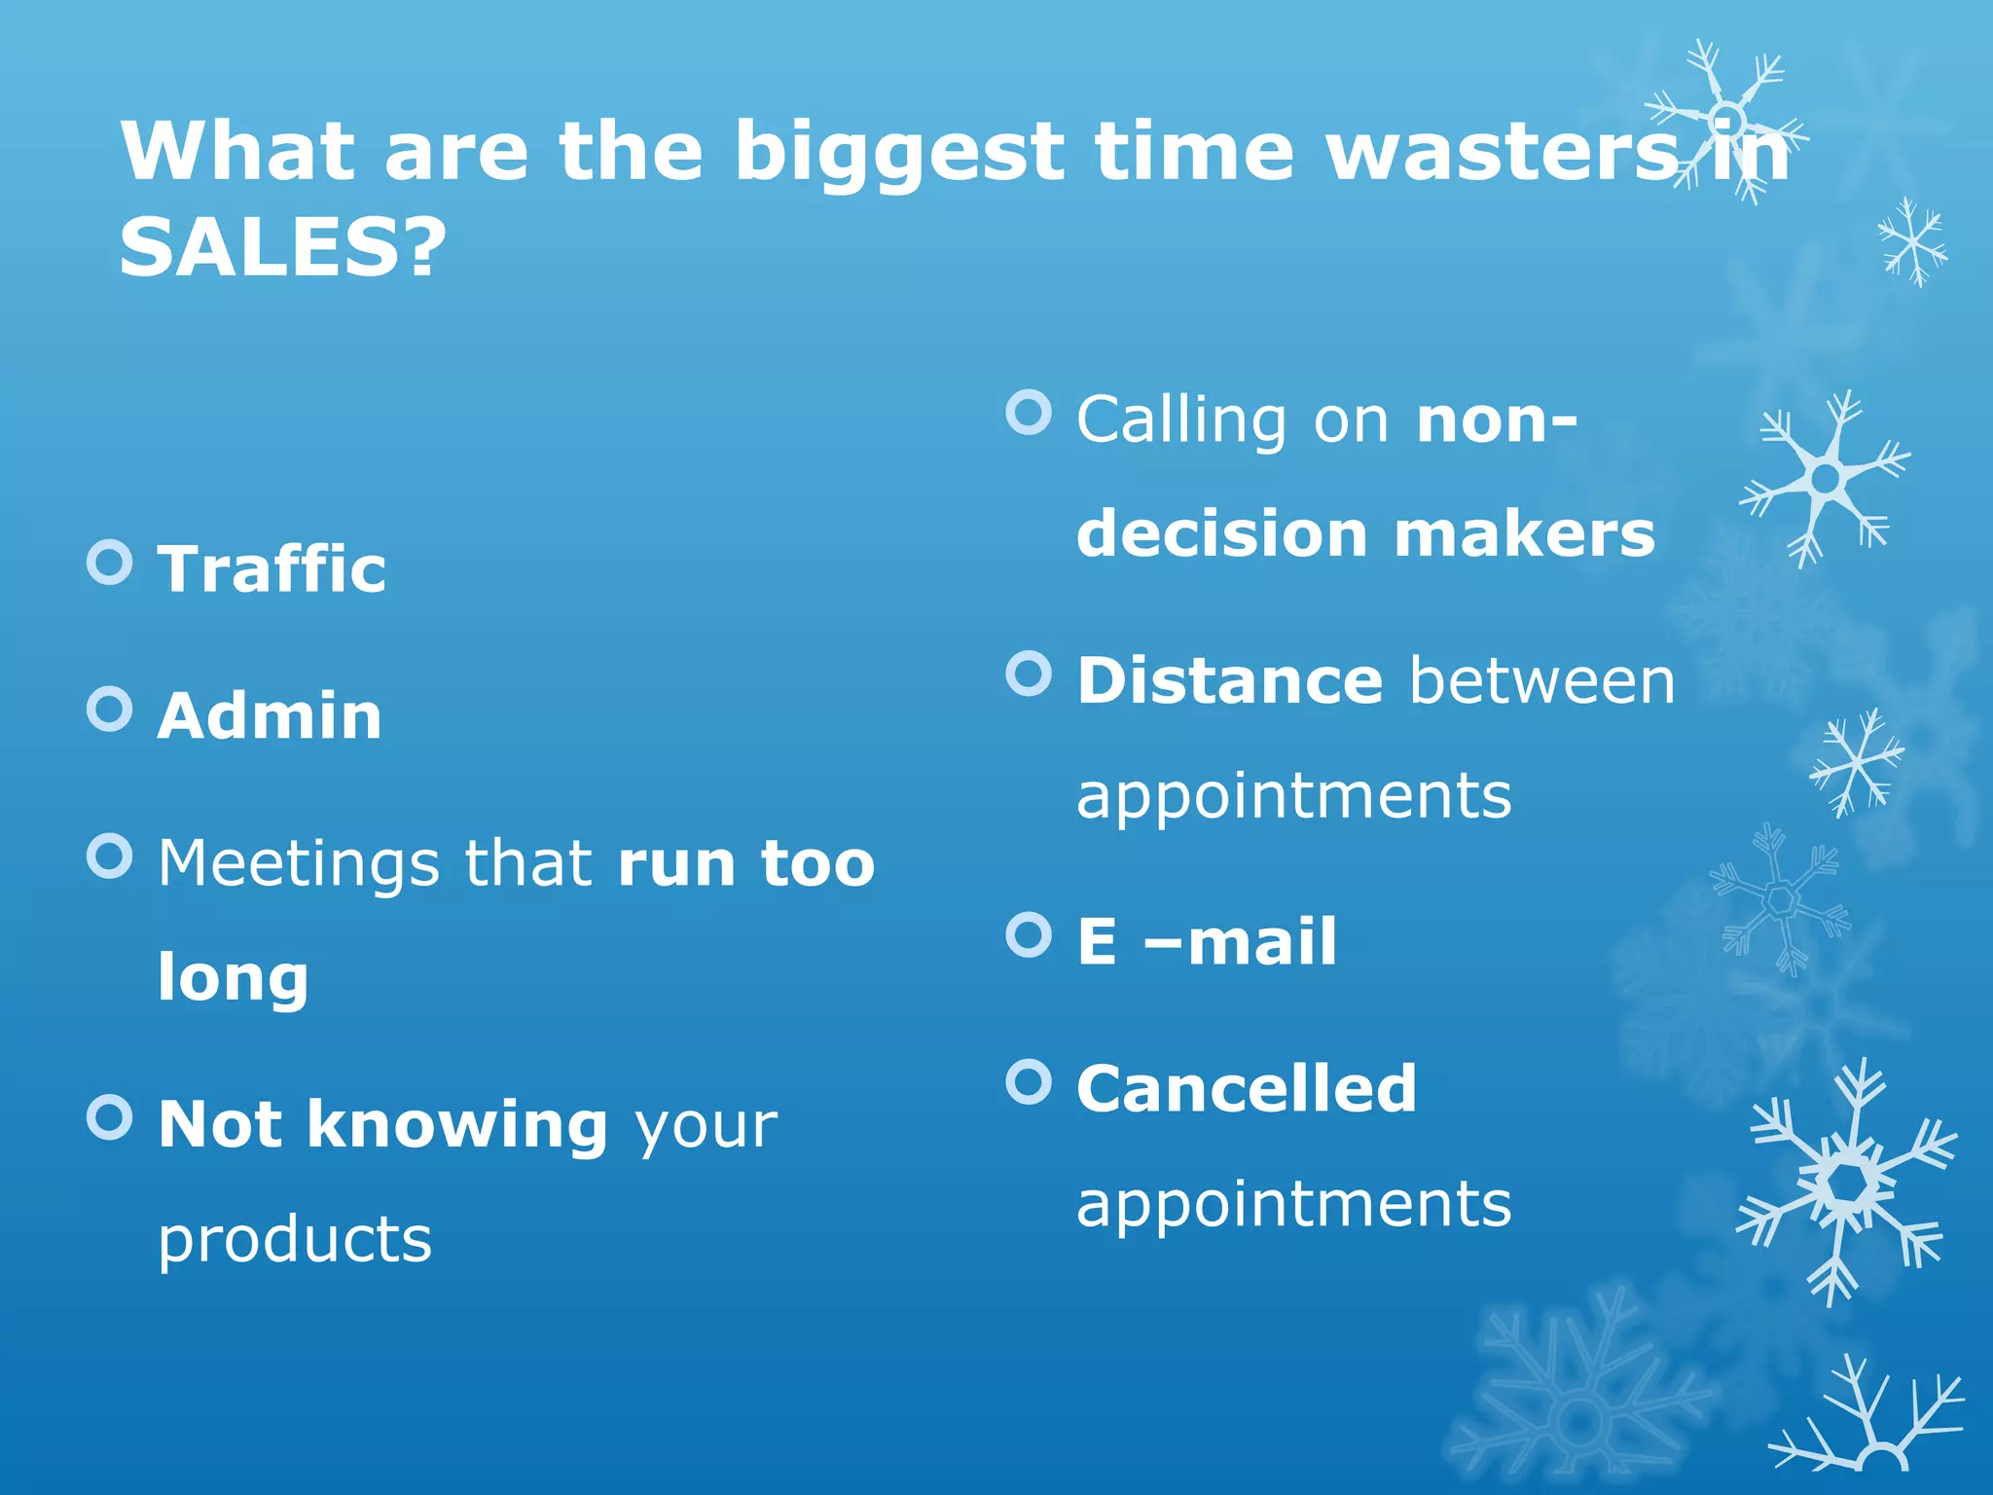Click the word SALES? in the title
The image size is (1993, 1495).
point(282,247)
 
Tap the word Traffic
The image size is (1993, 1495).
point(272,568)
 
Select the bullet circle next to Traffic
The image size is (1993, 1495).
point(109,563)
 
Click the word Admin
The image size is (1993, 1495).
point(270,716)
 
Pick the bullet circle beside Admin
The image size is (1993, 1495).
point(109,710)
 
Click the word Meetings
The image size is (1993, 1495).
point(297,864)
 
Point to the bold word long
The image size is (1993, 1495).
point(233,977)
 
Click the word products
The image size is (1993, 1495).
point(294,1240)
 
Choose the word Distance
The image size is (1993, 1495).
point(1229,680)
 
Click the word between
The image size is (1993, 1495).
point(1541,680)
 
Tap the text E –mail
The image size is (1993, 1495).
point(1207,942)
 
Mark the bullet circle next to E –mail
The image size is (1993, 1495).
point(1029,935)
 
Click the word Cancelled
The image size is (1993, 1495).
point(1246,1088)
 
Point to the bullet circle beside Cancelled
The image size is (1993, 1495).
point(1029,1081)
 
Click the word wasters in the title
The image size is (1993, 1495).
point(1503,153)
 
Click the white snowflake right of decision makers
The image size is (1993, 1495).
point(1823,478)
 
